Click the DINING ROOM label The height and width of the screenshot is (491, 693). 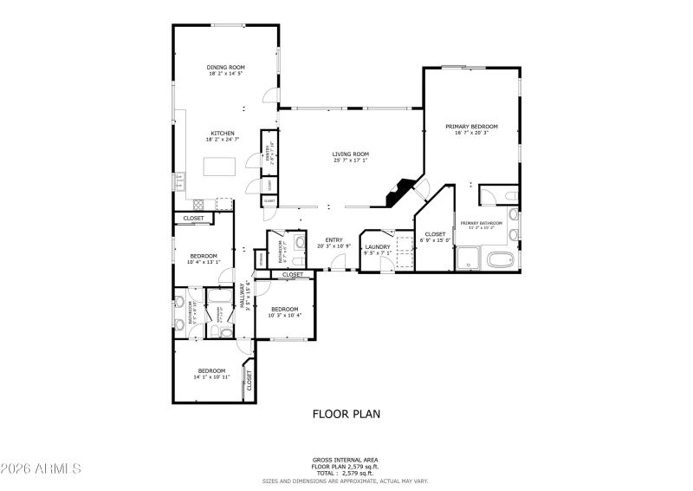click(x=225, y=68)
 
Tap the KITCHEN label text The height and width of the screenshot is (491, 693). click(x=223, y=133)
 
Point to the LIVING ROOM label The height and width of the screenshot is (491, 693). click(x=350, y=154)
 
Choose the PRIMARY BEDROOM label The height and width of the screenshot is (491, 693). click(x=471, y=127)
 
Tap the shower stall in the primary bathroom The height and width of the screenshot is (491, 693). click(x=469, y=258)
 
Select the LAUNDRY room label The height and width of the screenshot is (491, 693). click(x=378, y=246)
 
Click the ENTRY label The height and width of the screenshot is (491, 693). click(x=334, y=239)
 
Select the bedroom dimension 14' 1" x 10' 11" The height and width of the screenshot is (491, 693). click(x=210, y=377)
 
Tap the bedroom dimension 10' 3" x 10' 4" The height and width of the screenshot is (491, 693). click(x=284, y=316)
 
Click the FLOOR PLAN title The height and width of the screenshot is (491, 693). click(x=346, y=414)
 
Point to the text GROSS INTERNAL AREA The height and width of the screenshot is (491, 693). click(x=345, y=460)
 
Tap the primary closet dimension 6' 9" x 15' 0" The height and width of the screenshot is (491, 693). click(x=434, y=239)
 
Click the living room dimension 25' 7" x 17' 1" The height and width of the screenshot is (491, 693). click(x=350, y=160)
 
